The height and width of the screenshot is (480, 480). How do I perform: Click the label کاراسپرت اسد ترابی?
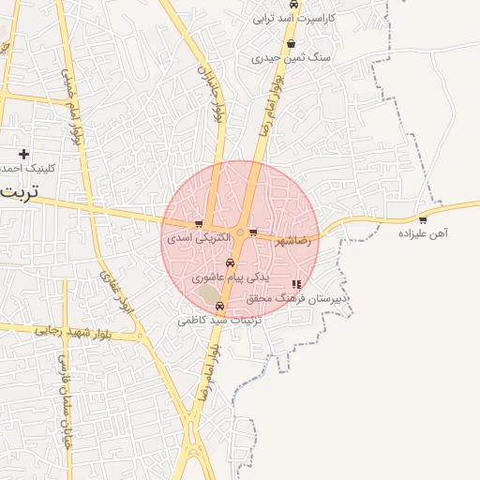(x=297, y=17)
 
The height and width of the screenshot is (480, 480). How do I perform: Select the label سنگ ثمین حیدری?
(x=296, y=58)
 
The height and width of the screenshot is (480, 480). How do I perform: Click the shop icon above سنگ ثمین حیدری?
(x=292, y=44)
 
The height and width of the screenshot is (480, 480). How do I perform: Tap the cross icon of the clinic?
(x=23, y=154)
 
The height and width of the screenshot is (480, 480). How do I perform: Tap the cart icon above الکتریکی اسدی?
(x=199, y=224)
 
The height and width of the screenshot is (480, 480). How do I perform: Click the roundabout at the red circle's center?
(x=241, y=232)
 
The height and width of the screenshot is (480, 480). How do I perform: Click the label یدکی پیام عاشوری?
(x=231, y=277)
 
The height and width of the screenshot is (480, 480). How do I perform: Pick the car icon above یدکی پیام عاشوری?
(x=231, y=264)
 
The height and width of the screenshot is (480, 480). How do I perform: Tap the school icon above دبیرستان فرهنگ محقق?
(x=297, y=284)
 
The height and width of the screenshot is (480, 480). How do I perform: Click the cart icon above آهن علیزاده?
(x=423, y=220)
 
